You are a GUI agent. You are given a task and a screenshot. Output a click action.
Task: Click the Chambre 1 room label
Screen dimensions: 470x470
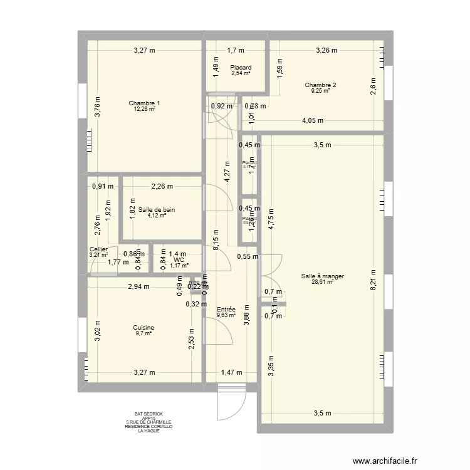click(x=144, y=103)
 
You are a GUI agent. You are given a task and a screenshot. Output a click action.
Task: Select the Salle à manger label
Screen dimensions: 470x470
click(x=322, y=276)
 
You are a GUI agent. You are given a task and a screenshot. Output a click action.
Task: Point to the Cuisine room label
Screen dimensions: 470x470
click(x=144, y=328)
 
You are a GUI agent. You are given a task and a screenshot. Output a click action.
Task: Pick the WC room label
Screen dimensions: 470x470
click(x=179, y=259)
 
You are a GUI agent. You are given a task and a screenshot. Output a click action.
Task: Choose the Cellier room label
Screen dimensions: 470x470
click(x=98, y=249)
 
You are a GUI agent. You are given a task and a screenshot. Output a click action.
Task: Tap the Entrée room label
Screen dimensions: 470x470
click(x=226, y=310)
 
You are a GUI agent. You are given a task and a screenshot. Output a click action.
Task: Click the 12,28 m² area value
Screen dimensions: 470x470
click(x=144, y=109)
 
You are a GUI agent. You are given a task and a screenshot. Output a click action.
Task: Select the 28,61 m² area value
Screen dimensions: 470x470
click(x=322, y=282)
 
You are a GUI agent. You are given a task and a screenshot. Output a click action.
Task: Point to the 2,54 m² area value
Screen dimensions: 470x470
click(x=241, y=73)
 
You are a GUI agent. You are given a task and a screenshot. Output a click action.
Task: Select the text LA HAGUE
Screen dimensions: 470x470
click(x=148, y=431)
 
